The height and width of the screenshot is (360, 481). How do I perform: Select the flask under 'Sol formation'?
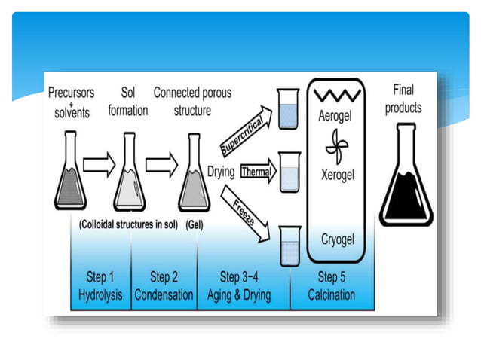click(x=129, y=174)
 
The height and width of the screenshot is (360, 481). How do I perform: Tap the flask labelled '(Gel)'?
click(x=193, y=174)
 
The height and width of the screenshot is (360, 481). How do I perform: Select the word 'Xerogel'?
click(x=336, y=174)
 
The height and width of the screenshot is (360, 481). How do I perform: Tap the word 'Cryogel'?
click(x=336, y=239)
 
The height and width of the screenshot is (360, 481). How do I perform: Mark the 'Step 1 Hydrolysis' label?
click(x=100, y=286)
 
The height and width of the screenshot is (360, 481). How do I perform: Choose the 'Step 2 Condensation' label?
click(x=164, y=286)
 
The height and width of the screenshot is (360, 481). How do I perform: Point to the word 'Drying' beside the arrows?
click(x=221, y=172)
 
